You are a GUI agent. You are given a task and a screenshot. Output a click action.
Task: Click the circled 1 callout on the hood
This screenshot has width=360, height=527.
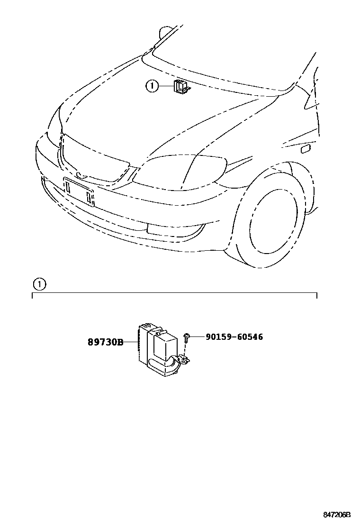pos(152,86)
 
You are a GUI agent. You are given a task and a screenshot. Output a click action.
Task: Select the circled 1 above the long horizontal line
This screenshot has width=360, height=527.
pos(39,284)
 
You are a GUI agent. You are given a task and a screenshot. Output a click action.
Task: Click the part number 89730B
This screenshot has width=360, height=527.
pos(105,342)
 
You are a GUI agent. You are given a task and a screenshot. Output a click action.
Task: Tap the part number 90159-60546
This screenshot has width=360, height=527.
pos(234,337)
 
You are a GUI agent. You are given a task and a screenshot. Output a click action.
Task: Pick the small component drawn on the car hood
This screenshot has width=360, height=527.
pos(180,88)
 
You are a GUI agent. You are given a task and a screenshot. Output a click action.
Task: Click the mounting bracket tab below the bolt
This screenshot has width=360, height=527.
pos(184,361)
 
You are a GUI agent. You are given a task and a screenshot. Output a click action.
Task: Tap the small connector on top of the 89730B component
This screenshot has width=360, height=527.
pos(147,326)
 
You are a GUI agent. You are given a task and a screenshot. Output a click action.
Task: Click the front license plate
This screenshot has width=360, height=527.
pos(79,191)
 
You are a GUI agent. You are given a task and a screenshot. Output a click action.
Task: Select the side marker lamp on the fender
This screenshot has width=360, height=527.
pos(306,149)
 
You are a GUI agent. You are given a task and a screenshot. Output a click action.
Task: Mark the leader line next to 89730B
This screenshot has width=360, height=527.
pos(131,342)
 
